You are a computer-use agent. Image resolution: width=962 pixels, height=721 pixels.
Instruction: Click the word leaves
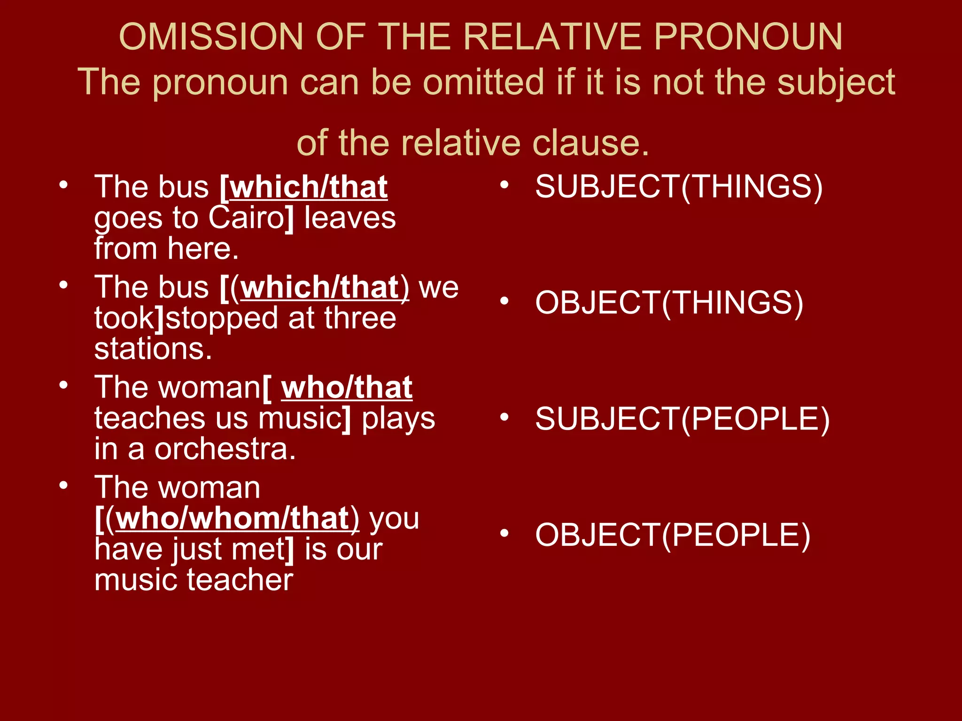coord(350,218)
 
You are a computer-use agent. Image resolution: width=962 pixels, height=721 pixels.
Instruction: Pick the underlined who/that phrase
coord(347,388)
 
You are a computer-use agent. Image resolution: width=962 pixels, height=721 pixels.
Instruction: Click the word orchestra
coord(225,449)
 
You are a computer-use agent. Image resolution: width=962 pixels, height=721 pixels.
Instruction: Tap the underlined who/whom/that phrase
coord(233,518)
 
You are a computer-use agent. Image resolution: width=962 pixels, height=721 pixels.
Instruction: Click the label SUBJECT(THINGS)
coord(679,186)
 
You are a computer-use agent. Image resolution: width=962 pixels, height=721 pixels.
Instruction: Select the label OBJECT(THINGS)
coord(669,302)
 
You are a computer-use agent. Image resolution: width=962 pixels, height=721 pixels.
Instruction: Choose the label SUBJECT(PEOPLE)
coord(682,419)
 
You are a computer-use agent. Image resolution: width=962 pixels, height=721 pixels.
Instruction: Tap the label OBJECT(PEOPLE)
coord(673,535)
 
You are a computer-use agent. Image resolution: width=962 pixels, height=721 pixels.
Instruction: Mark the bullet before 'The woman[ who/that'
coord(64,385)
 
